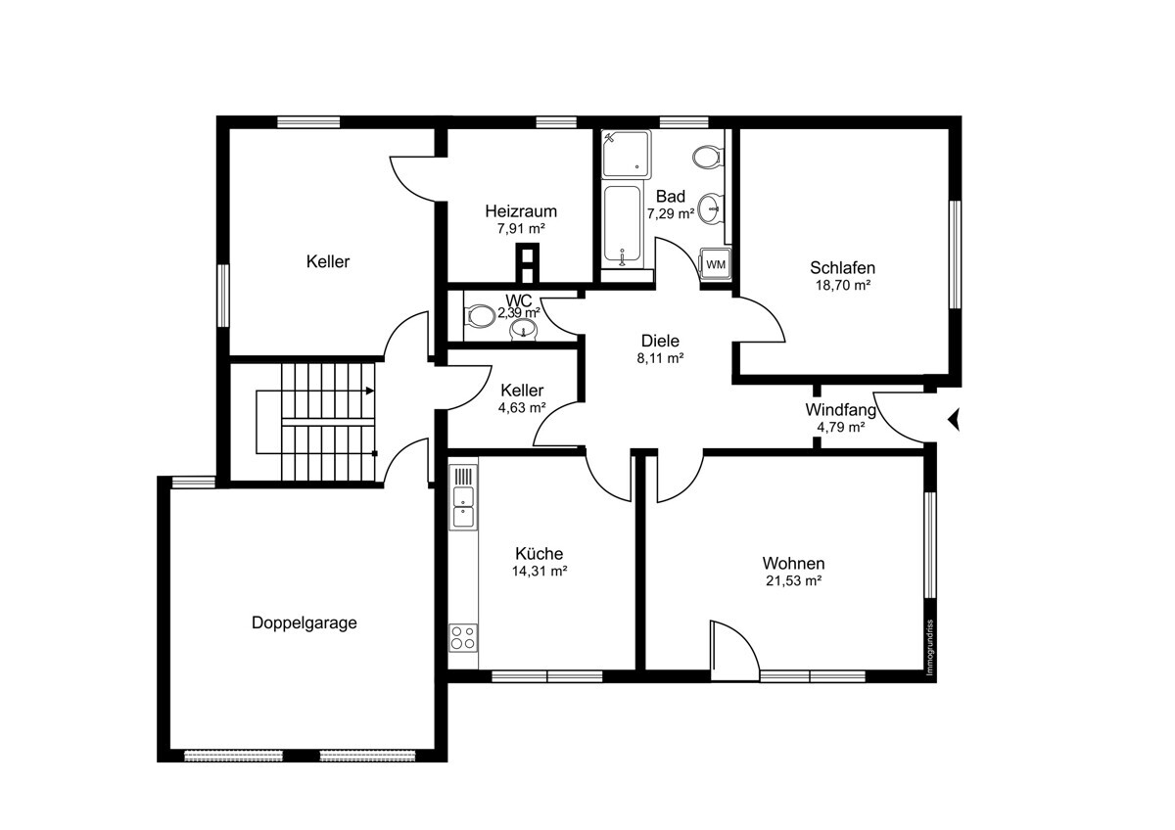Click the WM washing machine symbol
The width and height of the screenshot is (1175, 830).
pyautogui.click(x=716, y=263)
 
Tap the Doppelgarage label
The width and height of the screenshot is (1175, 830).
pyautogui.click(x=305, y=622)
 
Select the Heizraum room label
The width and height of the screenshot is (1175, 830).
pyautogui.click(x=521, y=211)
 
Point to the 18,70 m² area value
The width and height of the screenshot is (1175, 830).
pyautogui.click(x=843, y=285)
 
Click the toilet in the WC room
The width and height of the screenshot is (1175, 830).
pyautogui.click(x=480, y=316)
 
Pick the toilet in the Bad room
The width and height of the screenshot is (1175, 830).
pyautogui.click(x=708, y=157)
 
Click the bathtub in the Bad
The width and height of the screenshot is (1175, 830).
pyautogui.click(x=623, y=225)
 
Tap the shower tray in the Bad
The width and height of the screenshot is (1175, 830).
pyautogui.click(x=626, y=154)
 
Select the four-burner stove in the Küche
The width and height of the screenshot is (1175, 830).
pyautogui.click(x=463, y=637)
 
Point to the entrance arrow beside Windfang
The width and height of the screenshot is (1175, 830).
pyautogui.click(x=954, y=419)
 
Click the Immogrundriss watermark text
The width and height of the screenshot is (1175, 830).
pyautogui.click(x=930, y=648)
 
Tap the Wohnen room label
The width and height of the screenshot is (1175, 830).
pyautogui.click(x=794, y=564)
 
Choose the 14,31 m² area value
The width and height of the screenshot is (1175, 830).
pyautogui.click(x=540, y=571)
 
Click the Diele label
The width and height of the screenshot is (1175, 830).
pyautogui.click(x=660, y=341)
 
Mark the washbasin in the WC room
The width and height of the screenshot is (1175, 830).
pyautogui.click(x=523, y=330)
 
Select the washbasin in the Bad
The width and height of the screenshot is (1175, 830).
pyautogui.click(x=712, y=208)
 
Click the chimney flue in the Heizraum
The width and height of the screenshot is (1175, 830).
pyautogui.click(x=527, y=262)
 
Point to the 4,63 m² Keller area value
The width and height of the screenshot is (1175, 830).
pyautogui.click(x=522, y=407)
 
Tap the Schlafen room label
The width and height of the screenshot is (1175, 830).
pyautogui.click(x=842, y=268)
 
